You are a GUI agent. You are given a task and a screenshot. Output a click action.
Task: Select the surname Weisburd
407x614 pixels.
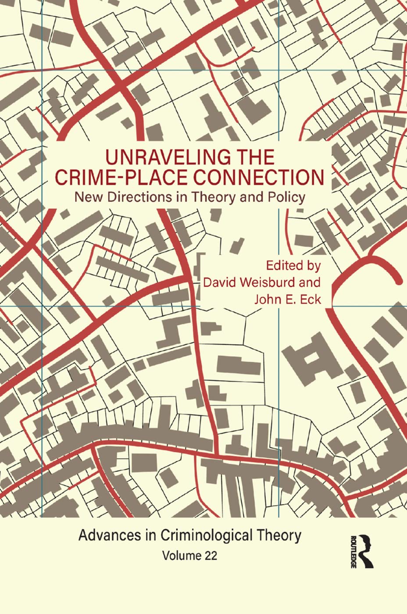tap(270, 282)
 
